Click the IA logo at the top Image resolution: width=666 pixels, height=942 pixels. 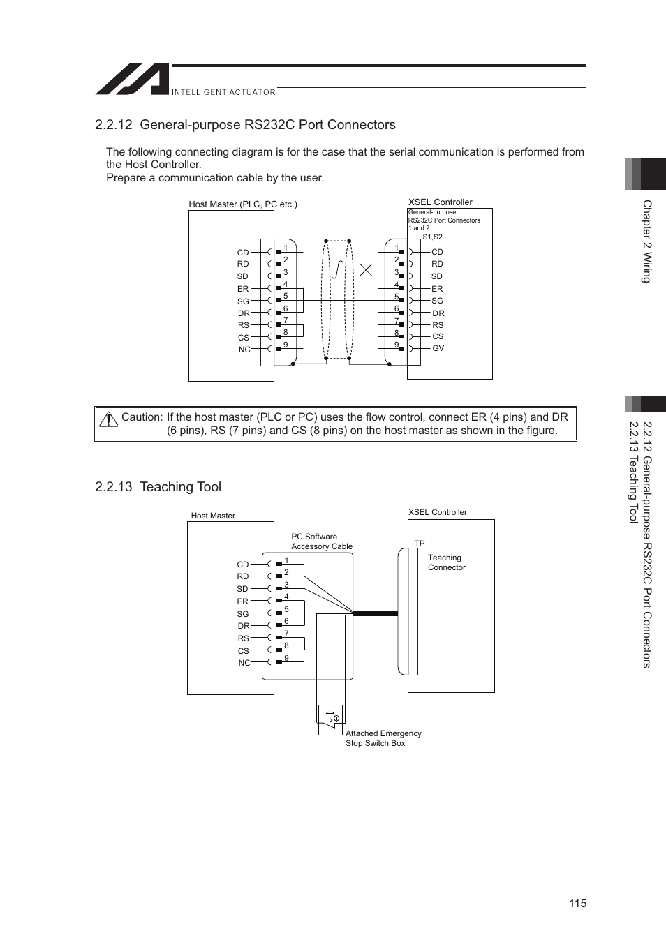(x=132, y=80)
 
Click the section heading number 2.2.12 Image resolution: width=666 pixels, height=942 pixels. (x=114, y=125)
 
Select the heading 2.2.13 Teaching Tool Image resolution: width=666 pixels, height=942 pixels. (x=158, y=487)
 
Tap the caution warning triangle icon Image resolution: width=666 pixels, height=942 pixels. (x=108, y=419)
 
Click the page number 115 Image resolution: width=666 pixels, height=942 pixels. (x=577, y=903)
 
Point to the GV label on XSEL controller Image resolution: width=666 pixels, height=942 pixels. (x=438, y=348)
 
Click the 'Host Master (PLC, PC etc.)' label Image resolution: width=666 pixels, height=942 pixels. (x=243, y=204)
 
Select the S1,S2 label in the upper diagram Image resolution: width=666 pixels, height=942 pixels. (x=432, y=237)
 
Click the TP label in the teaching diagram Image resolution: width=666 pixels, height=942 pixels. (x=420, y=544)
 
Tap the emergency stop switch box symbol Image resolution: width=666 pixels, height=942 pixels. (x=331, y=717)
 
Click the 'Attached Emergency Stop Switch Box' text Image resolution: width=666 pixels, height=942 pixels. (x=383, y=738)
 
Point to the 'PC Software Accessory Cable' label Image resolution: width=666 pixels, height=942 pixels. (x=322, y=541)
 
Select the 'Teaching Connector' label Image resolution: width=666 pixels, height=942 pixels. (x=446, y=562)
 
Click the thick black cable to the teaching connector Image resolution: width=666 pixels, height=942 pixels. (x=376, y=614)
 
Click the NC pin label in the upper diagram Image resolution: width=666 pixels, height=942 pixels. (x=244, y=350)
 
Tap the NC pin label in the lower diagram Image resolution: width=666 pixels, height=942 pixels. (x=244, y=663)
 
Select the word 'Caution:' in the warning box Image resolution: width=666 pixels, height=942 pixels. (x=142, y=417)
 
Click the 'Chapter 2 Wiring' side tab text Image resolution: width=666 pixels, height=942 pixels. (x=646, y=241)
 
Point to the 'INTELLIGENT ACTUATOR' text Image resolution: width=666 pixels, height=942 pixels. (x=223, y=92)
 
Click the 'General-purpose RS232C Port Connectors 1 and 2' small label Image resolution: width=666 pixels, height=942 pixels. (x=444, y=220)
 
